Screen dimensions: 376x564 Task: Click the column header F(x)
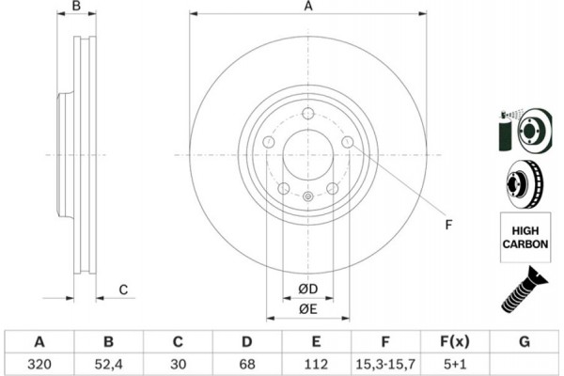point(455,340)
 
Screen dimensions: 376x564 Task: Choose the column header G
point(524,340)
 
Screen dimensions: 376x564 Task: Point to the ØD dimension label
point(308,289)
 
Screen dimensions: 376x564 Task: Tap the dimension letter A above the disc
point(307,8)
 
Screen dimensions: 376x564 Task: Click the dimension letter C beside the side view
point(123,290)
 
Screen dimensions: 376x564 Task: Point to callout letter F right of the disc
point(448,225)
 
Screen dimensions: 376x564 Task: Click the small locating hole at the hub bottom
point(307,196)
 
